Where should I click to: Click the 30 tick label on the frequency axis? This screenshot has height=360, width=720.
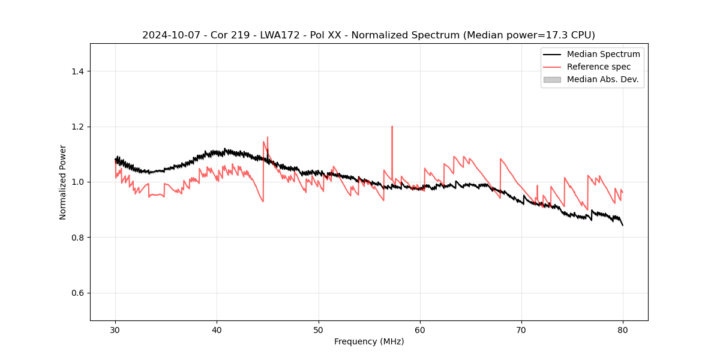[x=115, y=330]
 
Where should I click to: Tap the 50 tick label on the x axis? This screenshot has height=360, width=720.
[x=319, y=330]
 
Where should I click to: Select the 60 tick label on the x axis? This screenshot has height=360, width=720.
[x=420, y=330]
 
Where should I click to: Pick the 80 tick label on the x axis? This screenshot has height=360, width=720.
[x=623, y=330]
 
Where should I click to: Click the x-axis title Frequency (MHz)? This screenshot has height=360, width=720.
[x=369, y=341]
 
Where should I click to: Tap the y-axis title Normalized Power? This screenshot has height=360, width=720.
[x=63, y=182]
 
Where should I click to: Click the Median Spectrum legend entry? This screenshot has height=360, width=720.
[x=603, y=54]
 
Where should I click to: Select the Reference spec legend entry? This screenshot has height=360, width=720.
[x=599, y=67]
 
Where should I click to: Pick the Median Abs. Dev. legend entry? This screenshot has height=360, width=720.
[x=602, y=79]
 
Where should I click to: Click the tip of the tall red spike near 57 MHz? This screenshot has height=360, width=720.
[x=392, y=127]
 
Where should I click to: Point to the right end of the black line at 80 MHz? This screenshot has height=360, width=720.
[x=623, y=225]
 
